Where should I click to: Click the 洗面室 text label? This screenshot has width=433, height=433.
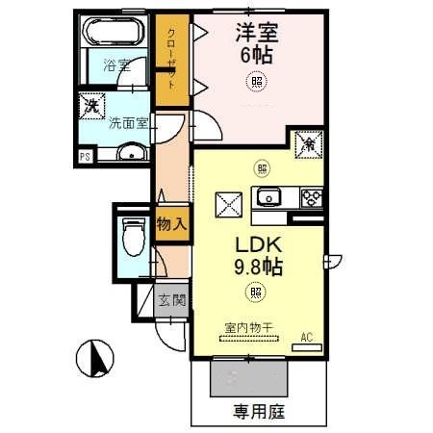127,123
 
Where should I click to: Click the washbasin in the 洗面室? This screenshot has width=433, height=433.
131,152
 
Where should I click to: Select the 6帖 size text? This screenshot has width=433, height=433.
255,55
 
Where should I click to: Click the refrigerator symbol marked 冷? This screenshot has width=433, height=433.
307,142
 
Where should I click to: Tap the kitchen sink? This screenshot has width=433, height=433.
266,198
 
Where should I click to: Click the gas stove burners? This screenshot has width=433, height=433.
313,199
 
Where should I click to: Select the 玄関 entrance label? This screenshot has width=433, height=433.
173,298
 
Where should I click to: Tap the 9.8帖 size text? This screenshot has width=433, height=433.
255,267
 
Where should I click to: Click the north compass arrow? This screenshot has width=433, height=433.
94,361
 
